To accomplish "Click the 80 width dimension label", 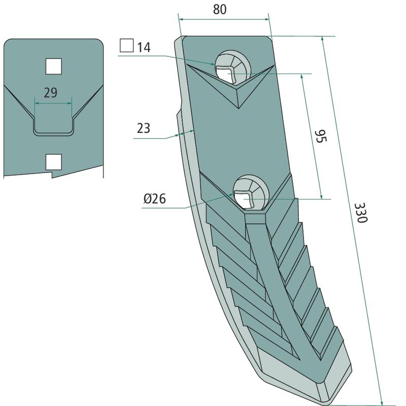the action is [x=220, y=9].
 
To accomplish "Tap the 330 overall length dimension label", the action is [x=361, y=213].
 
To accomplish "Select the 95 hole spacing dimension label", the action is [x=321, y=137].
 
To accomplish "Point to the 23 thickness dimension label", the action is [x=144, y=128].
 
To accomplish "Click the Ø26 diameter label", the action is [x=155, y=198].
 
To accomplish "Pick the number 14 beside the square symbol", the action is [x=144, y=48].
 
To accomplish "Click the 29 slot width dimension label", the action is [x=50, y=93].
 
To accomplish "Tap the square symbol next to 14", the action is [x=126, y=45].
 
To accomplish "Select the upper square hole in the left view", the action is [x=54, y=66].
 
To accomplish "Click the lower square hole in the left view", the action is [x=54, y=162].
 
